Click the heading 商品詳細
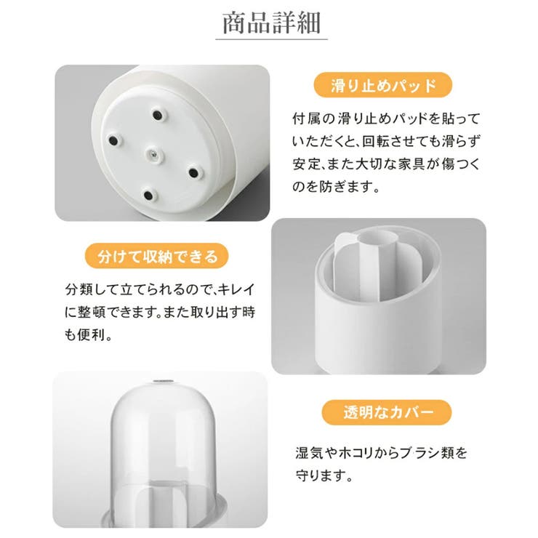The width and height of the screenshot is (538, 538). click(x=271, y=23)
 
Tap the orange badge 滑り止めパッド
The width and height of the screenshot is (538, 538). click(x=383, y=85)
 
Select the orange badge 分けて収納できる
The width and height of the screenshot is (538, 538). click(x=157, y=256)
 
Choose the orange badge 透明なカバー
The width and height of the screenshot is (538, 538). click(x=387, y=412)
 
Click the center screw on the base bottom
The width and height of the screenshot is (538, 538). click(x=153, y=155)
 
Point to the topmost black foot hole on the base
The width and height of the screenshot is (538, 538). click(x=158, y=115)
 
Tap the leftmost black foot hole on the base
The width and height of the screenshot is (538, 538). click(x=113, y=140)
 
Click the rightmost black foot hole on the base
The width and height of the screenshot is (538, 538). click(x=194, y=172)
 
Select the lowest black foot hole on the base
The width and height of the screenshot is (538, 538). click(x=148, y=196)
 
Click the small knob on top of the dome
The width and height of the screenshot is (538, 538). click(x=162, y=382)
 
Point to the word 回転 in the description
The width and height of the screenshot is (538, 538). click(x=373, y=141)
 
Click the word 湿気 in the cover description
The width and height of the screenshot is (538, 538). click(x=309, y=453)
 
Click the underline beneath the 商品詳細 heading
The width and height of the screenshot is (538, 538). click(x=271, y=39)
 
